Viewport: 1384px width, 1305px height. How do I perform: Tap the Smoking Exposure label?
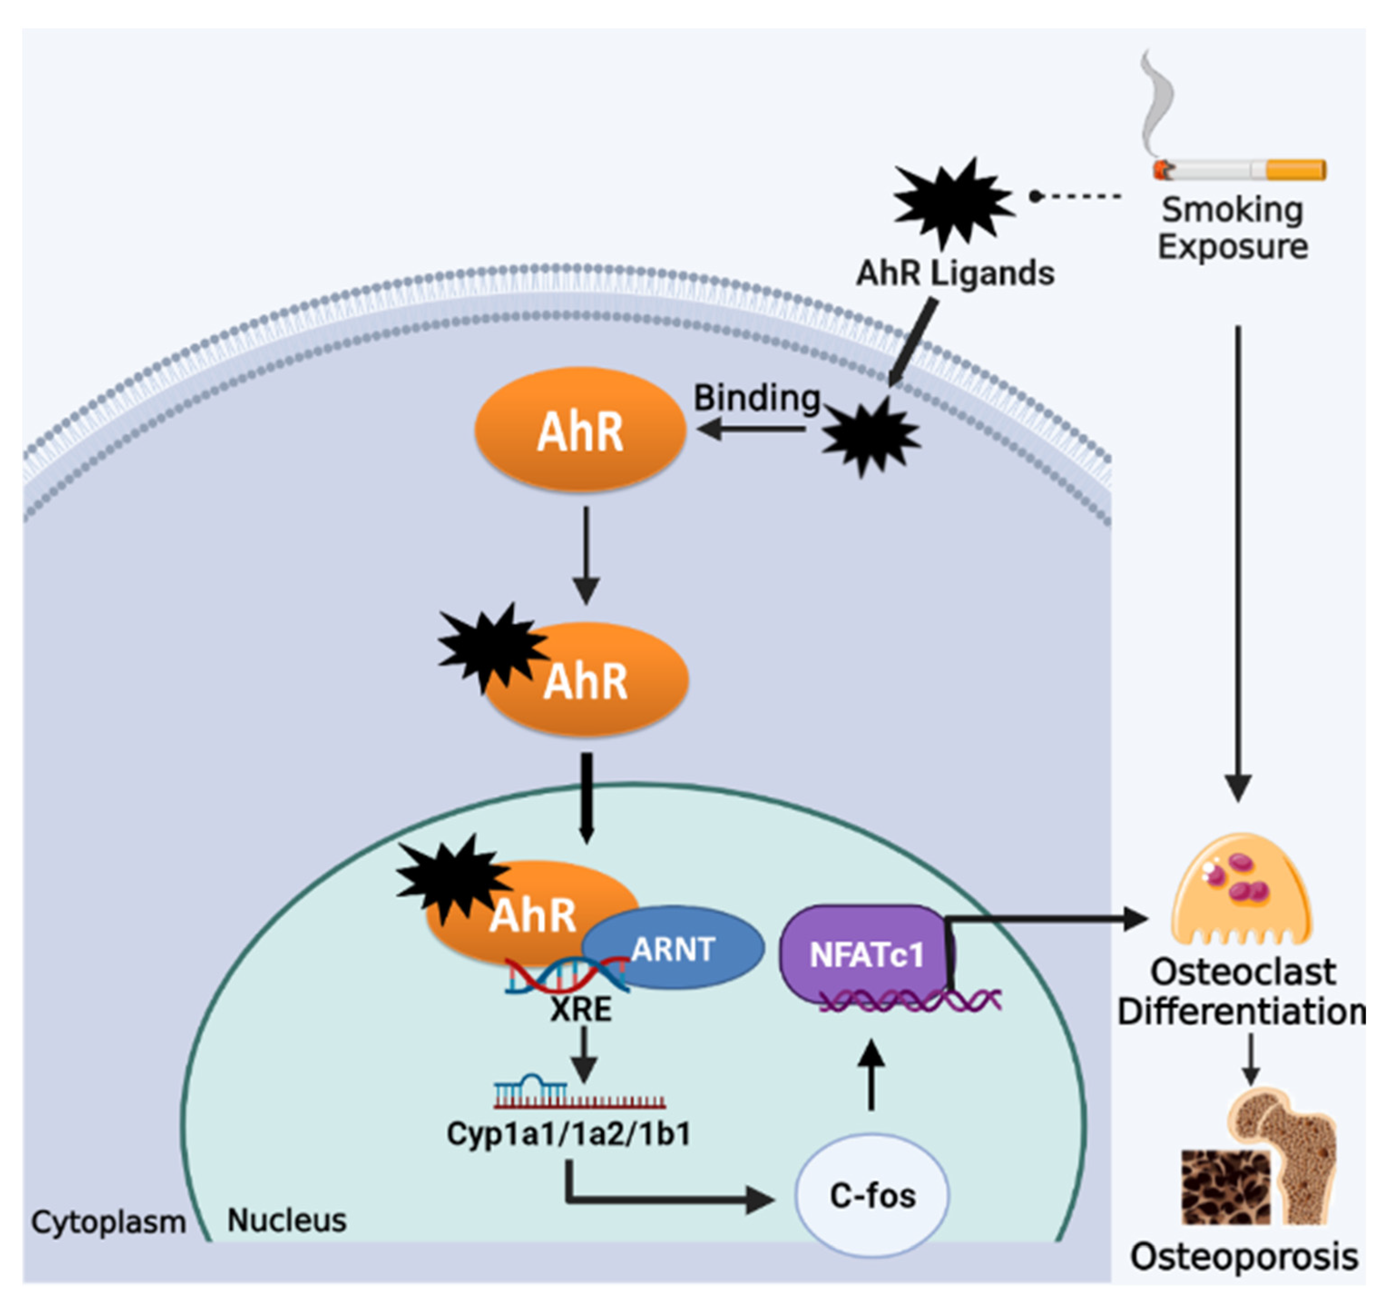click(1232, 228)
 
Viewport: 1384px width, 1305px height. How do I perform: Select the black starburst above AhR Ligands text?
click(952, 202)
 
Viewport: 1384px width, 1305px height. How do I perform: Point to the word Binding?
click(757, 398)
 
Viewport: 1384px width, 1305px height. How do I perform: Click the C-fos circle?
click(871, 1196)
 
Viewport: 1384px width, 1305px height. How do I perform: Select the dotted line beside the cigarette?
click(1078, 196)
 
